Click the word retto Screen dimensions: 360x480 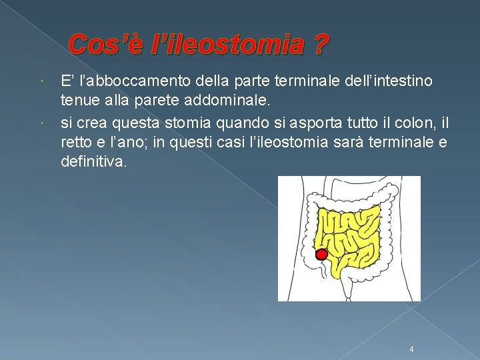(77, 143)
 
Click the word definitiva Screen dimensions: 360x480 (93, 163)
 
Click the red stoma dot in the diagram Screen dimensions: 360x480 (321, 254)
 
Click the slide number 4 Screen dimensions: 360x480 (412, 349)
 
